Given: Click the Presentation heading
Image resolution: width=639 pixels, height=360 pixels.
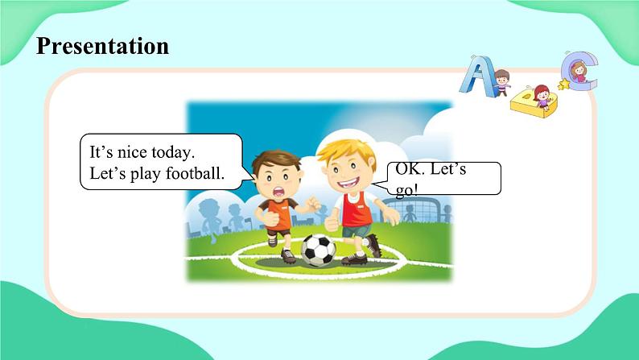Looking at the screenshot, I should pyautogui.click(x=103, y=46).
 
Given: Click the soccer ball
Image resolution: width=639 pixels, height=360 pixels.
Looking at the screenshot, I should pyautogui.click(x=319, y=250).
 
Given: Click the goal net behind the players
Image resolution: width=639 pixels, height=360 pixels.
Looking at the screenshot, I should pyautogui.click(x=419, y=212).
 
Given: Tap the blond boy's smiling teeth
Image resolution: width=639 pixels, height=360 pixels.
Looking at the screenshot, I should pyautogui.click(x=348, y=183).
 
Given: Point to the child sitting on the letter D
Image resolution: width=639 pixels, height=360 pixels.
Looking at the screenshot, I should pyautogui.click(x=542, y=96).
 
